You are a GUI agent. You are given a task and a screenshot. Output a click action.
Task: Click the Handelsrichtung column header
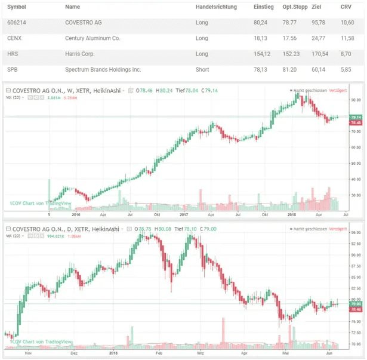click(216, 7)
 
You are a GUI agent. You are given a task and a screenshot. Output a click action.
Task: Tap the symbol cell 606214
click(17, 23)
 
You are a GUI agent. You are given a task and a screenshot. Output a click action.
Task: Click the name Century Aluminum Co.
click(92, 38)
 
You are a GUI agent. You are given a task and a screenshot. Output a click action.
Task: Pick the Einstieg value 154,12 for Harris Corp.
click(262, 54)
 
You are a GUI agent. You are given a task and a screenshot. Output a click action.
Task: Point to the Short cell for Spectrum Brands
click(202, 69)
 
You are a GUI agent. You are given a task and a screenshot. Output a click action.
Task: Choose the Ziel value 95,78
click(319, 23)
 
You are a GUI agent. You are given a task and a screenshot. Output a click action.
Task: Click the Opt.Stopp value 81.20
click(290, 69)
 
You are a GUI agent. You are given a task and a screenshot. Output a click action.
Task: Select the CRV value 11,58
click(347, 38)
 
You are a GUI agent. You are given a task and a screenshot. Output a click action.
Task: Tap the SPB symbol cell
click(12, 69)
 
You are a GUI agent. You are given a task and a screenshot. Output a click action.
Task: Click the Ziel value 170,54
click(320, 54)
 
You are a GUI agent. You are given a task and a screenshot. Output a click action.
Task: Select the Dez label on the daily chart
click(75, 353)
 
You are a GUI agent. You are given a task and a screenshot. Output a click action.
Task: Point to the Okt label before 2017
click(156, 213)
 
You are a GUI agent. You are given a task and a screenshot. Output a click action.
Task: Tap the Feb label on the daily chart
click(159, 353)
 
